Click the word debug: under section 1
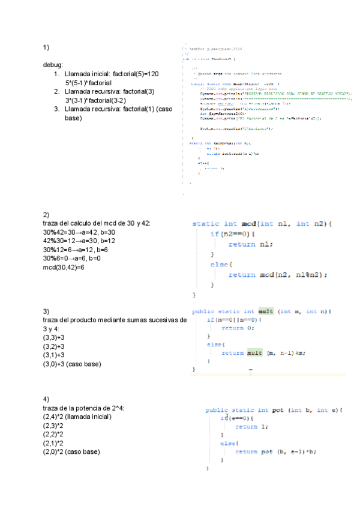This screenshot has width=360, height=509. [x=53, y=65]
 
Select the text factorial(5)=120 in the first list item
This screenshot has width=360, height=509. [x=136, y=73]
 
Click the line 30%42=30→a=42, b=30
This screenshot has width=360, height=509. [x=79, y=232]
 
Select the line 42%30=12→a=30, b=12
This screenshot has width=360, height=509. [x=79, y=241]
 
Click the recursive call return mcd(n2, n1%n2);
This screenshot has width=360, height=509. [x=278, y=274]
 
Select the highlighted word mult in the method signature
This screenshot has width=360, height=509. [x=266, y=312]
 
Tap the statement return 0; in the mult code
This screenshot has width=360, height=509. [x=238, y=328]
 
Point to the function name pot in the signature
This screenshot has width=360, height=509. [x=278, y=410]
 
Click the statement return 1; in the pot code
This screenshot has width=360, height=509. [x=252, y=426]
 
